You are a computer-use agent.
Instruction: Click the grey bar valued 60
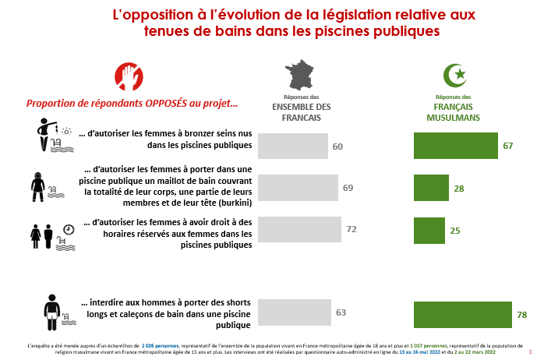[x=292, y=146]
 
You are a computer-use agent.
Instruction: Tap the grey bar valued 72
[x=299, y=229]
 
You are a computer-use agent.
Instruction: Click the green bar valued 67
[x=455, y=146]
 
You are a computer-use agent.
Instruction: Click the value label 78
[x=522, y=315]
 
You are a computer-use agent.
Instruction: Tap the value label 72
[x=351, y=230]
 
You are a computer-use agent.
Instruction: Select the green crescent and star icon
[x=454, y=76]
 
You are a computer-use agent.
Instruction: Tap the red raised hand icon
[x=129, y=76]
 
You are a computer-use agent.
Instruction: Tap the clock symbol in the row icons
[x=69, y=229]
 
